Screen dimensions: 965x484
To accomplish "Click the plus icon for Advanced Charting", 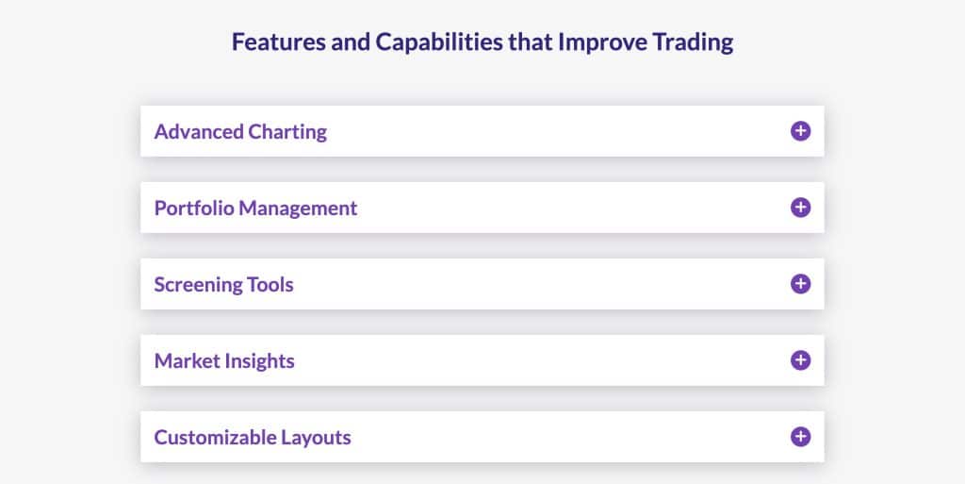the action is click(x=800, y=131).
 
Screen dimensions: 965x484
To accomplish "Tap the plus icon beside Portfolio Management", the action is click(x=800, y=208).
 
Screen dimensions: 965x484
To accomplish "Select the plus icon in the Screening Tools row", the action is click(x=800, y=284).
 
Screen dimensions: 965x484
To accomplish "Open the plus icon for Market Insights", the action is click(x=800, y=360).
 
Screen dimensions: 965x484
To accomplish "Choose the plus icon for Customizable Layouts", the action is click(x=800, y=437).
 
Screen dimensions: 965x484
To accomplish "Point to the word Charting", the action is click(x=287, y=132).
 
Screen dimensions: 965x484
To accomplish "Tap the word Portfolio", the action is click(x=194, y=209).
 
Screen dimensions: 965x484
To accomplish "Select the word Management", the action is click(x=298, y=209).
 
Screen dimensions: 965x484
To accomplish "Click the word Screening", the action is click(x=198, y=285).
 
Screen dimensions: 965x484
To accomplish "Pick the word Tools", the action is click(x=270, y=285).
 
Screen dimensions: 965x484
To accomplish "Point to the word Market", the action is click(x=188, y=360).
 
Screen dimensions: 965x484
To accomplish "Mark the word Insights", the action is click(x=259, y=361).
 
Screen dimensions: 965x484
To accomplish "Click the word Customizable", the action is click(x=215, y=437).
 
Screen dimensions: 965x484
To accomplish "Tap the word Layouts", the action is click(x=316, y=438).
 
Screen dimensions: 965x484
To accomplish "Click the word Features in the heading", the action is click(x=278, y=42).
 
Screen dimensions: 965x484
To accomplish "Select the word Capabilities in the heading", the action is click(x=439, y=42).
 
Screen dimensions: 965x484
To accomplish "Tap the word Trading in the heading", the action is click(x=693, y=42).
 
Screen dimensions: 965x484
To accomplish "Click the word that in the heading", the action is click(x=530, y=42).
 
